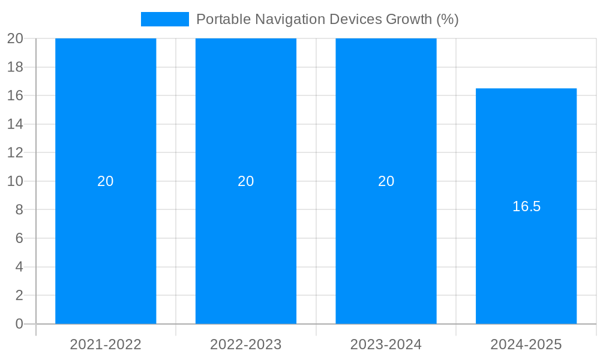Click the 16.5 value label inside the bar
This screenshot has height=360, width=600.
[x=526, y=206]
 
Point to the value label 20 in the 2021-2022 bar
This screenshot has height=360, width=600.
[x=106, y=181]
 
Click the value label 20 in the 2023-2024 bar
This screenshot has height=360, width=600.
[x=386, y=181]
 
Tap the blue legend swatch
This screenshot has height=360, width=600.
[x=164, y=19]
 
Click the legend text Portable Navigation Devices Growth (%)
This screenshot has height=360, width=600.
[x=327, y=19]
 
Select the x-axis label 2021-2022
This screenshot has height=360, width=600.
[x=106, y=344]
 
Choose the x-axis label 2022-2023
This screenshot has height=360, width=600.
[x=246, y=344]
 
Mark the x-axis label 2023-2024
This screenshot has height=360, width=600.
[x=386, y=344]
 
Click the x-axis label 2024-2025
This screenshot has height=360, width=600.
[x=526, y=344]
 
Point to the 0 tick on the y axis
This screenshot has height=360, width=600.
[x=19, y=324]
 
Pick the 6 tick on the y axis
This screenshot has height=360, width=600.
[x=19, y=238]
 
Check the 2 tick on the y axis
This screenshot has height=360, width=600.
[x=19, y=295]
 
